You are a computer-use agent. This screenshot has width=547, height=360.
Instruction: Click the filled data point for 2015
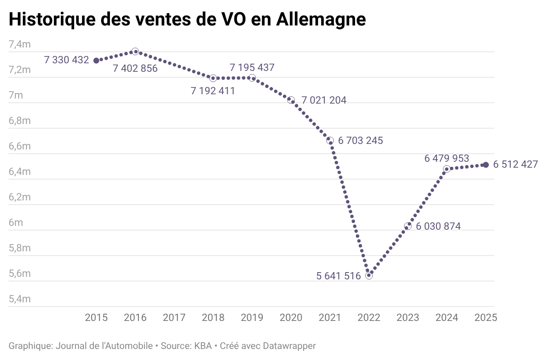pyautogui.click(x=96, y=61)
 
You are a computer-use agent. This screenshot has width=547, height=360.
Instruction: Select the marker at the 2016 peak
pyautogui.click(x=135, y=51)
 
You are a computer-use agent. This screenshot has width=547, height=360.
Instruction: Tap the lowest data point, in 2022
pyautogui.click(x=369, y=276)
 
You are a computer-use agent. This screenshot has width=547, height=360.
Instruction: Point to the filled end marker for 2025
pyautogui.click(x=486, y=165)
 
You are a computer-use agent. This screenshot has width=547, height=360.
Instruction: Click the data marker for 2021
pyautogui.click(x=330, y=140)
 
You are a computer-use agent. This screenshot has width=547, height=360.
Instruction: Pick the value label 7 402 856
pyautogui.click(x=135, y=68)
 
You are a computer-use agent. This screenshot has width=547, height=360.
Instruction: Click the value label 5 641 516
pyautogui.click(x=338, y=276)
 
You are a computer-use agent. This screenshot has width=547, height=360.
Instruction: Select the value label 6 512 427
pyautogui.click(x=516, y=164)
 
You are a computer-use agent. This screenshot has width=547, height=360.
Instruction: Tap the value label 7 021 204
pyautogui.click(x=324, y=101)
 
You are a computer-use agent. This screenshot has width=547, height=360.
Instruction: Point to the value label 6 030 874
pyautogui.click(x=438, y=226)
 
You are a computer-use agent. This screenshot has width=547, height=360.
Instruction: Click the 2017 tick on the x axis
pyautogui.click(x=174, y=318)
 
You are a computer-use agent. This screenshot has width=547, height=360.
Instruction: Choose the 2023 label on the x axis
pyautogui.click(x=408, y=318)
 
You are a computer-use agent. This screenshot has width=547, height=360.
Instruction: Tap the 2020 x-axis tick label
pyautogui.click(x=291, y=318)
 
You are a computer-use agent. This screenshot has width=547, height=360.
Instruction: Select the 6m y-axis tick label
pyautogui.click(x=16, y=222)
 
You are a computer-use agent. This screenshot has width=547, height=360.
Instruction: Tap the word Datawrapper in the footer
pyautogui.click(x=289, y=346)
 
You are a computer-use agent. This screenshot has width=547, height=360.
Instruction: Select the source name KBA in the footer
pyautogui.click(x=203, y=346)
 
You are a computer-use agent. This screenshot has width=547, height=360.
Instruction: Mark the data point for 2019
pyautogui.click(x=252, y=78)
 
